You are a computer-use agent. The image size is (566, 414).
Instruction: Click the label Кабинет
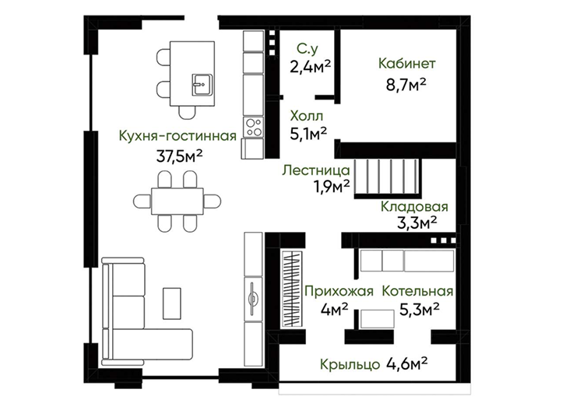pyautogui.click(x=407, y=63)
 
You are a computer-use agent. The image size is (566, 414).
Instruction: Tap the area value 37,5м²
pyautogui.click(x=179, y=156)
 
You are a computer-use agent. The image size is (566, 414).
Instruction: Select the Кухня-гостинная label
pyautogui.click(x=178, y=136)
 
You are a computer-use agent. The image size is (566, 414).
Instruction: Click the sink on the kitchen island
pyautogui.click(x=202, y=85)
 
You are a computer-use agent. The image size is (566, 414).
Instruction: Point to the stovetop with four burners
pyautogui.click(x=253, y=127)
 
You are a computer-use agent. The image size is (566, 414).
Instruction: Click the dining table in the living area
pyautogui.click(x=178, y=201)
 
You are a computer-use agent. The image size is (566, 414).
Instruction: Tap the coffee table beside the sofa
pyautogui.click(x=172, y=303)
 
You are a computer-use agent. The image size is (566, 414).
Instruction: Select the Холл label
pyautogui.click(x=307, y=116)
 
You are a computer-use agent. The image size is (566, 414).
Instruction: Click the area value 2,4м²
pyautogui.click(x=310, y=66)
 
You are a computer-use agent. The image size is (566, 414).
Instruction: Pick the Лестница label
pyautogui.click(x=316, y=170)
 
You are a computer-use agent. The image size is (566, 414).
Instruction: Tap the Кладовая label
pyautogui.click(x=414, y=207)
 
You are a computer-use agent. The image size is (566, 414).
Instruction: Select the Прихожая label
pyautogui.click(x=339, y=291)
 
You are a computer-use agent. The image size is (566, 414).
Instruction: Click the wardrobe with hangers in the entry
pyautogui.click(x=292, y=289)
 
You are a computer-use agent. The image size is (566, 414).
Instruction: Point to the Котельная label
pyautogui.click(x=417, y=291)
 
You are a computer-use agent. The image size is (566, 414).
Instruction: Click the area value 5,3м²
pyautogui.click(x=420, y=309)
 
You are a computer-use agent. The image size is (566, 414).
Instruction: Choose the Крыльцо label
pyautogui.click(x=350, y=364)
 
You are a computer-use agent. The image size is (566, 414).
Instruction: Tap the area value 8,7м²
pyautogui.click(x=406, y=85)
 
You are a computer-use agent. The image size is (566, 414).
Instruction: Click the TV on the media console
pyautogui.click(x=253, y=299)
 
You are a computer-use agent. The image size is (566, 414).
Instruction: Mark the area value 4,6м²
pyautogui.click(x=407, y=363)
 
